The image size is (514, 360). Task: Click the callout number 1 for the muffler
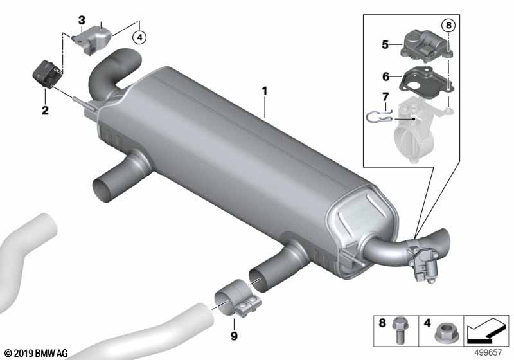pyautogui.click(x=265, y=91)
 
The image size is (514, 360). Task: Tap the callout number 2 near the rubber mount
pyautogui.click(x=45, y=110)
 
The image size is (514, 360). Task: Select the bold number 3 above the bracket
pyautogui.click(x=82, y=21)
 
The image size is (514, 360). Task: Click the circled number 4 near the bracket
pyautogui.click(x=139, y=38)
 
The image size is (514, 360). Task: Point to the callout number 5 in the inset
pyautogui.click(x=385, y=44)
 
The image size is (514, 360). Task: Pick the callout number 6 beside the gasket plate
pyautogui.click(x=386, y=76)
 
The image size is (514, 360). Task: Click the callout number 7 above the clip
pyautogui.click(x=385, y=96)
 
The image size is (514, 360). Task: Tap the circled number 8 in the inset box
pyautogui.click(x=448, y=25)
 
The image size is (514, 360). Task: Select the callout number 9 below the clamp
pyautogui.click(x=234, y=336)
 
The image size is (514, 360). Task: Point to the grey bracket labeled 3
pyautogui.click(x=93, y=40)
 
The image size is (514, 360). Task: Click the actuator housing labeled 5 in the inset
pyautogui.click(x=426, y=46)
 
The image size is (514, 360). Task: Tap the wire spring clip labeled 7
pyautogui.click(x=378, y=118)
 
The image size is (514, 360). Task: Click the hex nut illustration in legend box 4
pyautogui.click(x=444, y=332)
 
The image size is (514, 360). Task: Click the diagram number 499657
pyautogui.click(x=488, y=352)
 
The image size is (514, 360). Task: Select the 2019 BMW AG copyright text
pyautogui.click(x=37, y=353)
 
